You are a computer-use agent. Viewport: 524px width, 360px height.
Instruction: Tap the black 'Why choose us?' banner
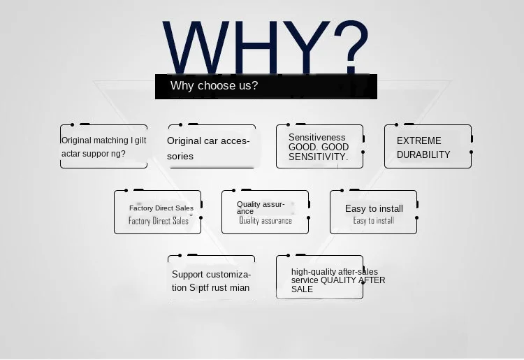pyautogui.click(x=265, y=86)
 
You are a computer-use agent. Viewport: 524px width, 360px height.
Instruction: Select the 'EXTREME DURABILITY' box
pyautogui.click(x=428, y=147)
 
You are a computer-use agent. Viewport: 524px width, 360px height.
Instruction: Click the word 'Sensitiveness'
pyautogui.click(x=316, y=138)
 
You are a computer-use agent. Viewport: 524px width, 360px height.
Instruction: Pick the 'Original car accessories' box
pyautogui.click(x=212, y=147)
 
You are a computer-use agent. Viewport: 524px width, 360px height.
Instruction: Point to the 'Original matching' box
pyautogui.click(x=103, y=147)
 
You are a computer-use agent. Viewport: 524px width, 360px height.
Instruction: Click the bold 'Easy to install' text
pyautogui.click(x=374, y=208)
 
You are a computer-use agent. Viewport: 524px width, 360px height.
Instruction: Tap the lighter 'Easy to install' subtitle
pyautogui.click(x=374, y=221)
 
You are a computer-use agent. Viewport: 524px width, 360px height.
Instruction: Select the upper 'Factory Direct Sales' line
pyautogui.click(x=161, y=208)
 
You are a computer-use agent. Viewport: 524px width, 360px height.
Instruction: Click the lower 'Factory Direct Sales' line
pyautogui.click(x=159, y=221)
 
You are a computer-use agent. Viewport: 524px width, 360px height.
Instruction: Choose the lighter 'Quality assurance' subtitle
pyautogui.click(x=265, y=221)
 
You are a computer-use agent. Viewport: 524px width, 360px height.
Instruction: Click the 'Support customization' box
pyautogui.click(x=211, y=281)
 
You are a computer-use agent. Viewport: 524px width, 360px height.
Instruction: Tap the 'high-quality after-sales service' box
pyautogui.click(x=319, y=278)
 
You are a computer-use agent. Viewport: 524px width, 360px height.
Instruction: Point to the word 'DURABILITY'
pyautogui.click(x=423, y=154)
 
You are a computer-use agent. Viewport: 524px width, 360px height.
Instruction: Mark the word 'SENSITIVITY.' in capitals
pyautogui.click(x=318, y=157)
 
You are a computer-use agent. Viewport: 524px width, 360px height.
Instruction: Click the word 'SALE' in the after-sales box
pyautogui.click(x=303, y=289)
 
